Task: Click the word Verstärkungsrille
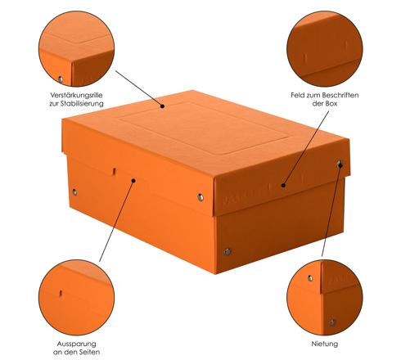[x=76, y=95]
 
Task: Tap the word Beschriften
[x=340, y=95]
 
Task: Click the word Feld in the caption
[x=297, y=95]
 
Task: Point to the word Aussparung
[x=76, y=344]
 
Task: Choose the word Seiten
[x=88, y=352]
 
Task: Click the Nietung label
[x=325, y=344]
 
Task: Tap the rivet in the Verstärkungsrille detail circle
[x=61, y=79]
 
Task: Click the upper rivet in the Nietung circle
[x=310, y=278]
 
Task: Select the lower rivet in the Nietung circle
[x=331, y=322]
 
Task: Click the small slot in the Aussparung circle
[x=61, y=293]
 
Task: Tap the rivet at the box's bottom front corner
[x=228, y=252]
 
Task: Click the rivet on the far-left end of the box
[x=74, y=192]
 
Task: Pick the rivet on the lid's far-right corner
[x=339, y=164]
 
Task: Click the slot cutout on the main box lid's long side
[x=115, y=171]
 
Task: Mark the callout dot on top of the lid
[x=162, y=106]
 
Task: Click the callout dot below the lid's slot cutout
[x=133, y=181]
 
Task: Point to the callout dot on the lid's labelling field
[x=283, y=186]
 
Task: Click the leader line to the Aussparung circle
[x=116, y=221]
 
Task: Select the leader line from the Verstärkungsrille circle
[x=139, y=88]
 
